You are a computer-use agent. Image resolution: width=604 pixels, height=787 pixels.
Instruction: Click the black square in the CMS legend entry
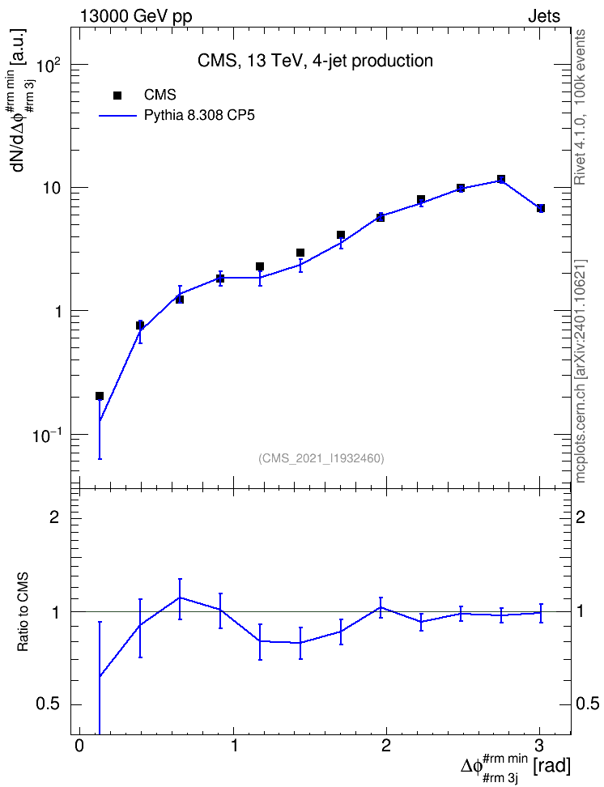coord(117,95)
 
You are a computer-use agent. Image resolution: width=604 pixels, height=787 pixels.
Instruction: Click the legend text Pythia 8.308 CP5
coord(199,116)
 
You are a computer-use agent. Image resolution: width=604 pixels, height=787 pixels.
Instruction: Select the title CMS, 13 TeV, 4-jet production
coord(315,61)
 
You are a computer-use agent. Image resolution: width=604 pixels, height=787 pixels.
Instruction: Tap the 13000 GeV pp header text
coord(135,16)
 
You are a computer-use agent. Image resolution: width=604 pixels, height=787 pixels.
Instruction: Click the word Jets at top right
coord(544,16)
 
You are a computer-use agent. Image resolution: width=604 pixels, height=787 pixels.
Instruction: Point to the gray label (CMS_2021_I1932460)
coord(321,458)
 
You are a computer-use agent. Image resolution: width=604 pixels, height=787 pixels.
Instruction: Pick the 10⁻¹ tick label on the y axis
coord(48,435)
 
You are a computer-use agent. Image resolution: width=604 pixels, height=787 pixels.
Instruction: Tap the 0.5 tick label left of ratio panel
coord(49,704)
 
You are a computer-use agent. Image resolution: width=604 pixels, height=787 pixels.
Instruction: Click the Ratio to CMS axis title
coord(23,612)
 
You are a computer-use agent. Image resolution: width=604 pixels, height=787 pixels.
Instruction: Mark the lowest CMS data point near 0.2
coord(100,396)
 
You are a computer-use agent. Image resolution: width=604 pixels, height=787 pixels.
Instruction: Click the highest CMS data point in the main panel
coord(500,179)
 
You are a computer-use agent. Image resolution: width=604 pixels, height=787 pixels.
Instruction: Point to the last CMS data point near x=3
coord(541,208)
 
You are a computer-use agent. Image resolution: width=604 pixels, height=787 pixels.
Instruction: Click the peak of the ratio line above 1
coord(180,598)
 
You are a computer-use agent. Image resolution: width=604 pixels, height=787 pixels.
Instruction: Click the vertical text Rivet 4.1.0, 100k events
coord(580,108)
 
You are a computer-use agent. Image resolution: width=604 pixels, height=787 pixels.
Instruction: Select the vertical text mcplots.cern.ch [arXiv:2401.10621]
coord(581,371)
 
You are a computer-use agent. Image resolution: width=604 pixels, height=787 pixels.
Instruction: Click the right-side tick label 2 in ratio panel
coord(581,517)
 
